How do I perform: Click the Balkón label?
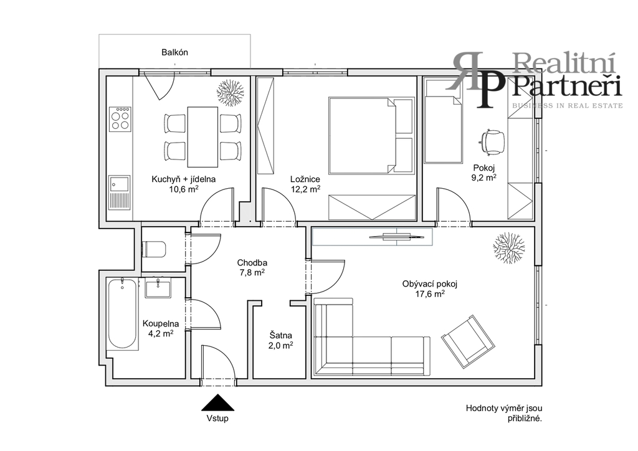tap(174, 52)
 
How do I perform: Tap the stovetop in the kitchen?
tap(120, 118)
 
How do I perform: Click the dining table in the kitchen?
tap(202, 136)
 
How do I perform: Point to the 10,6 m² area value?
tap(184, 189)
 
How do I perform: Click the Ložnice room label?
tap(305, 179)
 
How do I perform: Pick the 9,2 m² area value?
tap(483, 178)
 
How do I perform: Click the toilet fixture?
tap(154, 249)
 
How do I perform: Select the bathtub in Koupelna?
tap(123, 313)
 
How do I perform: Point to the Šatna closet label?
tap(281, 336)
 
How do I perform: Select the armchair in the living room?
tap(469, 341)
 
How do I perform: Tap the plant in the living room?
tap(508, 248)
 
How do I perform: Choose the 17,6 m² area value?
tap(430, 294)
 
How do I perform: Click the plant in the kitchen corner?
tap(231, 93)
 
